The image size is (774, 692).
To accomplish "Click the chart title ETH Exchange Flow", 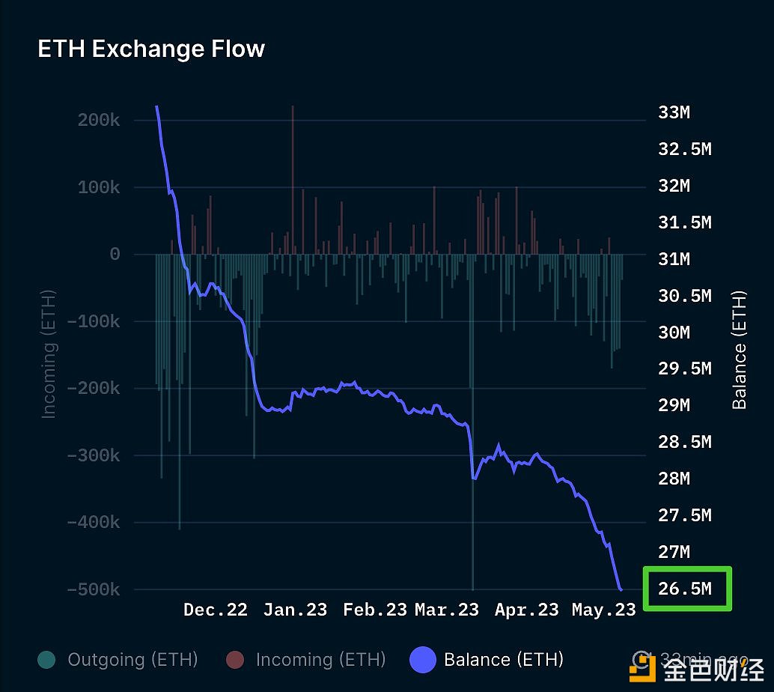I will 151,49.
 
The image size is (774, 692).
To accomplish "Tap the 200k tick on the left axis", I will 99,121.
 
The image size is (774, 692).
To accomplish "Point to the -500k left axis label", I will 94,589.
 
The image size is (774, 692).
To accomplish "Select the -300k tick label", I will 94,455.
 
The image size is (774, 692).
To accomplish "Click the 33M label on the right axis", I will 674,112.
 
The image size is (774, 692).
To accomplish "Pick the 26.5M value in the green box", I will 685,589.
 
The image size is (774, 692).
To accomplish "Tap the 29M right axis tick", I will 674,405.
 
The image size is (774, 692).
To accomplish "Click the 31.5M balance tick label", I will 685,222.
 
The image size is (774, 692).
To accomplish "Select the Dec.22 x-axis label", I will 216,610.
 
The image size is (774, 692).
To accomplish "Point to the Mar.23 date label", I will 447,610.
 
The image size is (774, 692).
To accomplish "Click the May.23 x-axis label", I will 603,610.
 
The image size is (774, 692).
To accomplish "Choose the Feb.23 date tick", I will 375,610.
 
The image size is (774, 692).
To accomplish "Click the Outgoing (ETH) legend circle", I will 46,660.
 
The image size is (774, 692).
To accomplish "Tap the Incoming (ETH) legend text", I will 320,660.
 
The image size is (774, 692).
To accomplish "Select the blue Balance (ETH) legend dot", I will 423,660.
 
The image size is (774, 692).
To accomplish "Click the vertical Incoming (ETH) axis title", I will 49,353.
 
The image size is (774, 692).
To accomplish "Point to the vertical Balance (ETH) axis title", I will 740,350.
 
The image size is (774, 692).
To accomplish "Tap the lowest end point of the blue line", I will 621,589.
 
